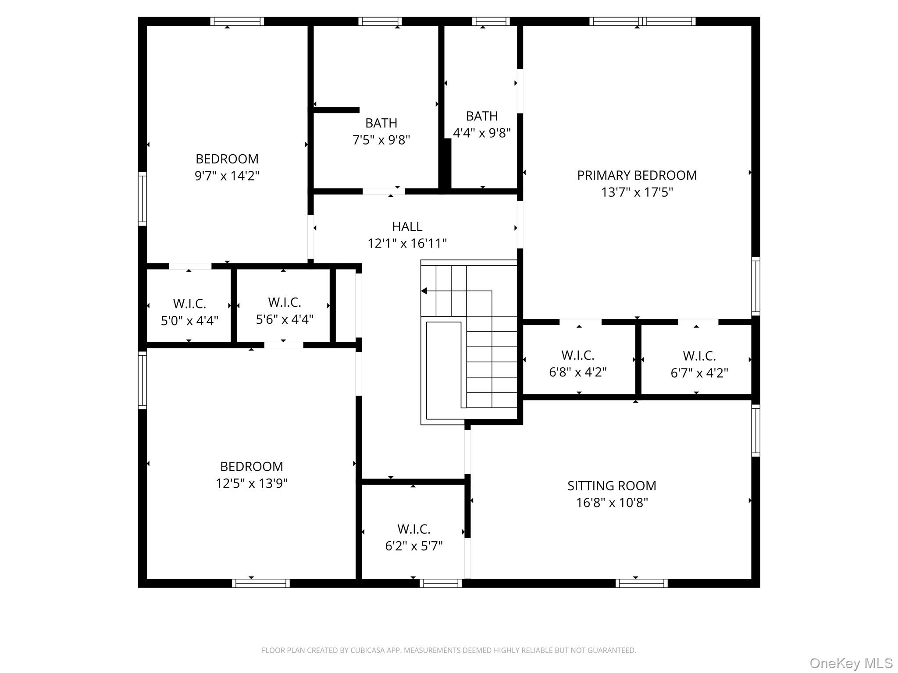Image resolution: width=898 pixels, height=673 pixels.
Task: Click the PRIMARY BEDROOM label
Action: (x=637, y=175)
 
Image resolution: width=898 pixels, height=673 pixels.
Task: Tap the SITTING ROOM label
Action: (x=612, y=485)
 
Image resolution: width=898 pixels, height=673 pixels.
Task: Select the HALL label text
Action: (x=407, y=227)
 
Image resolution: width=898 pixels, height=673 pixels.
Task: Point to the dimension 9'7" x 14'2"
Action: (x=227, y=176)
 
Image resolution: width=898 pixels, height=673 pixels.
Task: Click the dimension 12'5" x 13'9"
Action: (x=251, y=483)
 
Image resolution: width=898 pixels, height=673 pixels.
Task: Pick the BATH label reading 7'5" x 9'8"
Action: (x=381, y=123)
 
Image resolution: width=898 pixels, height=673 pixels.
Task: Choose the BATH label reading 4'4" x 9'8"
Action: (x=481, y=116)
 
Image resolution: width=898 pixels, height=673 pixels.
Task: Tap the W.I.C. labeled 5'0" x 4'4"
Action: (x=189, y=304)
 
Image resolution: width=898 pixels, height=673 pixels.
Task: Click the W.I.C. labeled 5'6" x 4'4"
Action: (x=285, y=302)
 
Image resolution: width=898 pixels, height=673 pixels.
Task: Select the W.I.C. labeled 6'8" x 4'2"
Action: (x=577, y=355)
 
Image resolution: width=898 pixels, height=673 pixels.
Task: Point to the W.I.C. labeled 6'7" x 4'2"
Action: (x=699, y=356)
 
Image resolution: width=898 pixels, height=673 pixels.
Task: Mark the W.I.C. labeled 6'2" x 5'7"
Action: (x=413, y=529)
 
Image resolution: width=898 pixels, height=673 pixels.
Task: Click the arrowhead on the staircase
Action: (x=424, y=291)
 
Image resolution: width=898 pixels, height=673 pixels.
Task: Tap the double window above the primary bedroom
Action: (x=642, y=21)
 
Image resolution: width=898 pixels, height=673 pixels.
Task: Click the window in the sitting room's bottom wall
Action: (x=641, y=583)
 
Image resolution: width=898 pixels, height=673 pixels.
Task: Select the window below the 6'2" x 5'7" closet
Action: (x=440, y=583)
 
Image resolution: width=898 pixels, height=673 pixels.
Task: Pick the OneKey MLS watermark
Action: (x=851, y=663)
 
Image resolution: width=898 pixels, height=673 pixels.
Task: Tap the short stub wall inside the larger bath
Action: (x=336, y=110)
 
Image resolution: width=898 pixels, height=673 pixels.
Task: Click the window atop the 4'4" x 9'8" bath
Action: (x=491, y=21)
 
